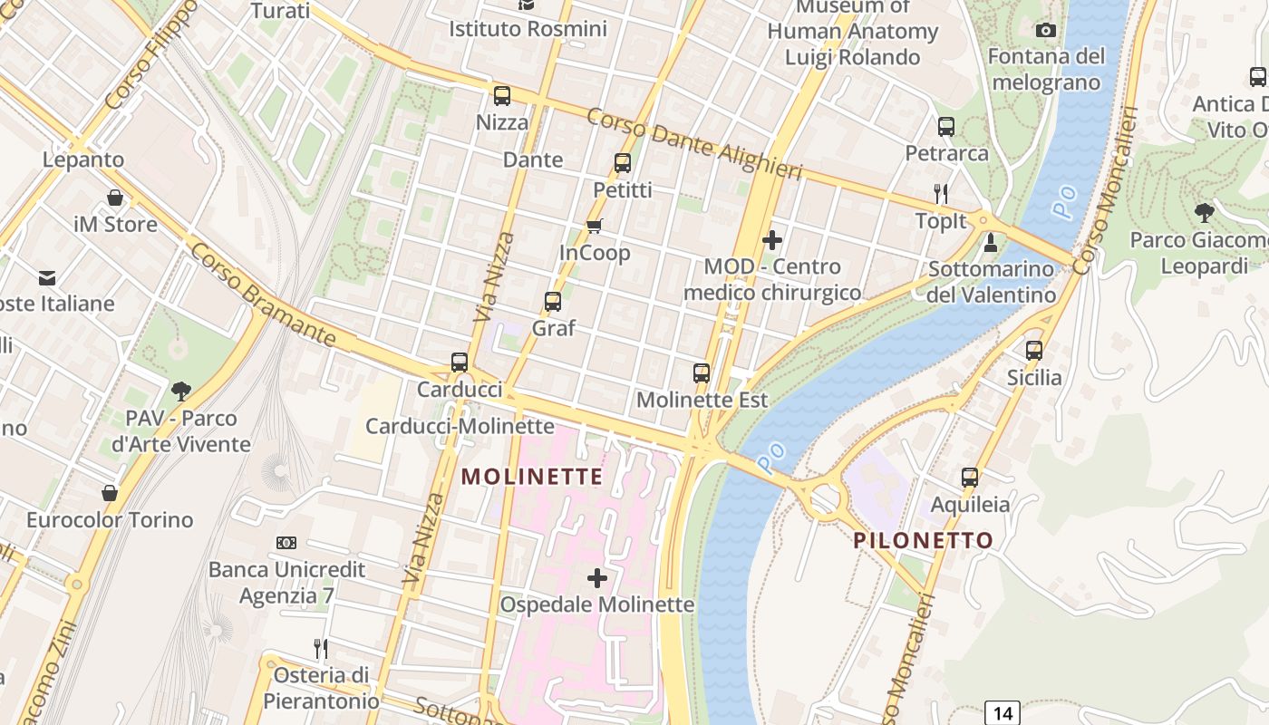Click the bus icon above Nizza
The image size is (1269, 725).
click(x=501, y=96)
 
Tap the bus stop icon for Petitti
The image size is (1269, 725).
click(x=623, y=163)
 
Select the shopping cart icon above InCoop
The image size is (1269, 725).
click(x=595, y=226)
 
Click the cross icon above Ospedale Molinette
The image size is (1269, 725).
click(x=597, y=577)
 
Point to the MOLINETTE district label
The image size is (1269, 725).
click(x=532, y=477)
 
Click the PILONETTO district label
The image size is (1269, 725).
click(x=923, y=541)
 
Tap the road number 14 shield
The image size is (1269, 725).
click(x=1003, y=712)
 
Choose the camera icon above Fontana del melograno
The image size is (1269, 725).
click(x=1046, y=31)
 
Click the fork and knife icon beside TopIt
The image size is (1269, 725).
click(x=941, y=193)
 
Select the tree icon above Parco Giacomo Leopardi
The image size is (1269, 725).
click(x=1204, y=213)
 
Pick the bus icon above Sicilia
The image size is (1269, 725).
click(x=1034, y=351)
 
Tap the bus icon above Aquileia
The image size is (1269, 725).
click(x=970, y=478)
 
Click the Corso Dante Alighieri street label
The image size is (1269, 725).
click(x=694, y=144)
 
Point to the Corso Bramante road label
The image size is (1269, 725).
click(x=263, y=293)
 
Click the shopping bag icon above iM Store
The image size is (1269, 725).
click(x=115, y=198)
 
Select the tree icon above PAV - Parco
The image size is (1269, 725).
click(x=181, y=391)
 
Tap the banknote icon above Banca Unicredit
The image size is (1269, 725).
click(x=286, y=543)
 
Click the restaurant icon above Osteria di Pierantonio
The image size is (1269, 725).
click(x=321, y=648)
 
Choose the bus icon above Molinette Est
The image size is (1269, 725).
click(x=702, y=373)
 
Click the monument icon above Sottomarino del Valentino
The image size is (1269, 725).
click(x=991, y=243)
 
